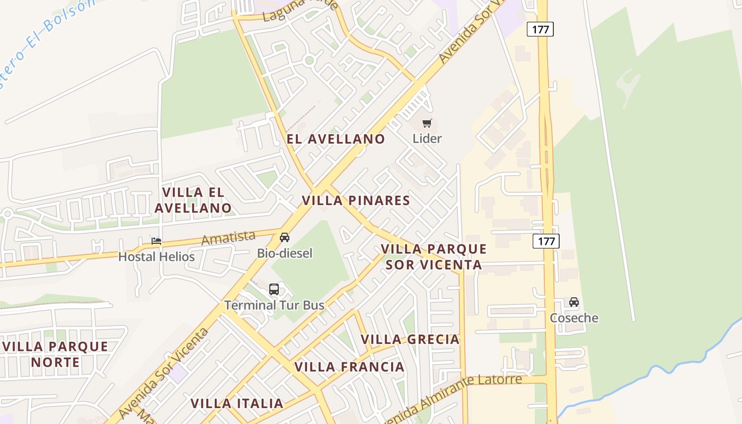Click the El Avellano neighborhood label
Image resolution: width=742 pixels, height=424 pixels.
[x=336, y=139]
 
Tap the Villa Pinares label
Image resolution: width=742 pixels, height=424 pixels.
[x=356, y=200]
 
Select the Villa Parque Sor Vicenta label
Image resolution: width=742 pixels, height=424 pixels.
[x=434, y=257]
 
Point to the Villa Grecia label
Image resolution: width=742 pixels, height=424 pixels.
[x=410, y=339]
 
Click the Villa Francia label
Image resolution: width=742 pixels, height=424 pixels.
[x=349, y=367]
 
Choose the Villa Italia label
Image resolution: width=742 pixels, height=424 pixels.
[x=237, y=403]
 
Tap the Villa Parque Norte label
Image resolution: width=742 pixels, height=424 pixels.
[x=55, y=354]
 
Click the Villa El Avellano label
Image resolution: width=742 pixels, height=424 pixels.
[x=193, y=200]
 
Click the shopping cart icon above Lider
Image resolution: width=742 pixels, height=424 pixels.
[x=427, y=123]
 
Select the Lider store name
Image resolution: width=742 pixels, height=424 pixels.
[x=427, y=138]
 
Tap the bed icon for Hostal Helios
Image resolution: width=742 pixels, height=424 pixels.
[x=156, y=241]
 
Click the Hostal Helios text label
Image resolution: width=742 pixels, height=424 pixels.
[x=156, y=257]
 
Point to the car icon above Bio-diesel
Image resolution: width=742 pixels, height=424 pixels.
[x=285, y=237]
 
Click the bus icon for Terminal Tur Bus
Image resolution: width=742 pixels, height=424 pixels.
[x=274, y=289]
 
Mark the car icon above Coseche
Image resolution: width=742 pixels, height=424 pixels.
[x=574, y=302]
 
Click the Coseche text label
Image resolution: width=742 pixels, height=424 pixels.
[x=574, y=318]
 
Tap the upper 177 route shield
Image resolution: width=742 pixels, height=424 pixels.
[x=540, y=29]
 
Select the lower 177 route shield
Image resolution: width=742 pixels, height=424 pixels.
[x=546, y=242]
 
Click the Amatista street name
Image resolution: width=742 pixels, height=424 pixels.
[x=228, y=238]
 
